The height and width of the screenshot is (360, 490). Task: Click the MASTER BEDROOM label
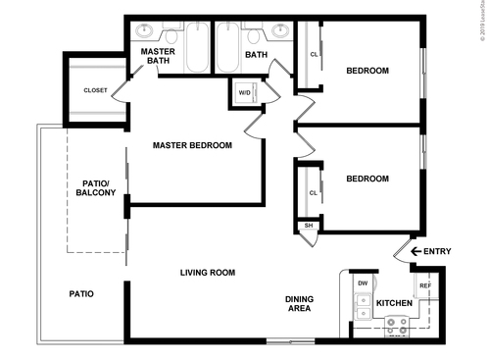click(192, 145)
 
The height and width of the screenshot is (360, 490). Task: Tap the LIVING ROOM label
click(207, 273)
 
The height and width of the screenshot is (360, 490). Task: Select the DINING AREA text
click(299, 304)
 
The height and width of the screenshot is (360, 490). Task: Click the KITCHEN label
click(394, 303)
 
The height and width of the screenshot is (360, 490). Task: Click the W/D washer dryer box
click(243, 94)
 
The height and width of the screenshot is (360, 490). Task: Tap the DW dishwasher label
click(363, 283)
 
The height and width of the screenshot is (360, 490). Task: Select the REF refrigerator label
click(424, 285)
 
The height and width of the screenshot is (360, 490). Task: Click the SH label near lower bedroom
click(308, 226)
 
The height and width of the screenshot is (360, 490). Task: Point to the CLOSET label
click(95, 90)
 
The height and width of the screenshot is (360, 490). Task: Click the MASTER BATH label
click(157, 56)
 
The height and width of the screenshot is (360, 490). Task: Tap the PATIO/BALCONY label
click(96, 187)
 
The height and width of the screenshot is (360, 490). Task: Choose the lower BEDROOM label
click(367, 179)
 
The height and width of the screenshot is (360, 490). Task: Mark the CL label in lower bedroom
click(313, 192)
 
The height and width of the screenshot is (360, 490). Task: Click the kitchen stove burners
click(398, 327)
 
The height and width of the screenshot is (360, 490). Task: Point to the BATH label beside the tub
click(257, 55)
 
